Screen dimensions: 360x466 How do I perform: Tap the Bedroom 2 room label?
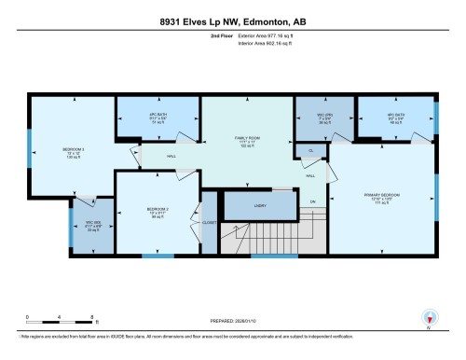pyautogui.click(x=156, y=210)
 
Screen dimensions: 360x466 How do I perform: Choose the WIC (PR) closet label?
pyautogui.click(x=313, y=118)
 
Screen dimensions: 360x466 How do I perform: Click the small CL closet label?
pyautogui.click(x=311, y=149)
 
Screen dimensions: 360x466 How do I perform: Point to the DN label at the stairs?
pyautogui.click(x=313, y=201)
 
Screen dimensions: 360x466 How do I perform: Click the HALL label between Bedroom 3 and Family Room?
pyautogui.click(x=171, y=157)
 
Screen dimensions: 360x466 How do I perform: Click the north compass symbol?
pyautogui.click(x=428, y=316)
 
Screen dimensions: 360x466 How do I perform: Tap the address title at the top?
pyautogui.click(x=233, y=21)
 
